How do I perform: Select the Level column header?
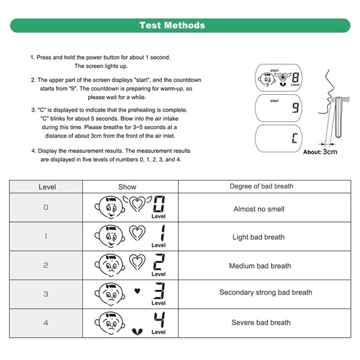(47, 187)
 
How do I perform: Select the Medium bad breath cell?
(261, 266)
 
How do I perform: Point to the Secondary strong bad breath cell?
(265, 293)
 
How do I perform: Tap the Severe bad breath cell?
(261, 322)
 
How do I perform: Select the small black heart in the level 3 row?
(137, 292)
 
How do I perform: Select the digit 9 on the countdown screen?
(295, 109)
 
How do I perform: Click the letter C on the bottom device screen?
(295, 139)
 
